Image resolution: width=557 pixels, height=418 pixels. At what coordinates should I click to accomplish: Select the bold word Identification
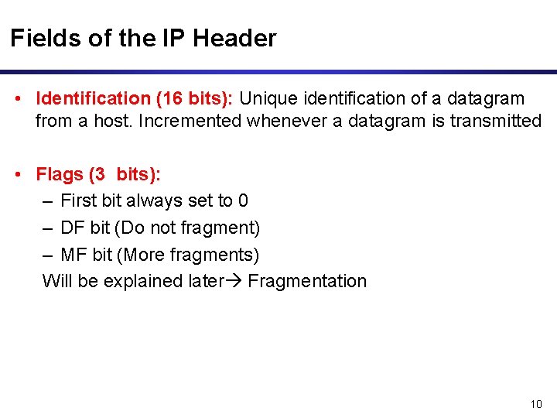point(93,98)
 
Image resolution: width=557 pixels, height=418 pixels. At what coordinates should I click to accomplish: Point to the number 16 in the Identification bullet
point(170,98)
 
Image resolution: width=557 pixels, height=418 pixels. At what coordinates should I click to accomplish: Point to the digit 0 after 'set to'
point(243,200)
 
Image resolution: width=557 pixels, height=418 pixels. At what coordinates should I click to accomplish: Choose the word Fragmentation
point(307,281)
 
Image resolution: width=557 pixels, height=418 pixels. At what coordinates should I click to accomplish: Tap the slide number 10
point(537,403)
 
